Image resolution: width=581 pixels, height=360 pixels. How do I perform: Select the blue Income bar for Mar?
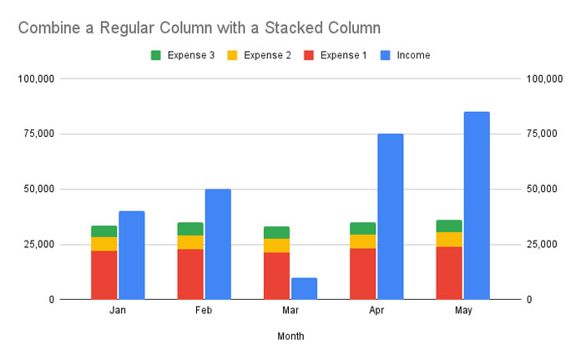pos(304,288)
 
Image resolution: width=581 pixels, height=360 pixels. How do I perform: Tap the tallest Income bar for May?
pos(476,205)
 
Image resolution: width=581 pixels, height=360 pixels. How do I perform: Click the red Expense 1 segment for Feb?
pos(190,273)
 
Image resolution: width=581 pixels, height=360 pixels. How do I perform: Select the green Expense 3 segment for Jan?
pos(104,231)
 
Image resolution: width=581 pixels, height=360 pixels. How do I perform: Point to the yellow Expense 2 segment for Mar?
pos(276,246)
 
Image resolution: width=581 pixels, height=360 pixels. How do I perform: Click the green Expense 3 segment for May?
pos(449,226)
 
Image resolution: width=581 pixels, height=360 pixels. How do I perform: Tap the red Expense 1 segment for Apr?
pos(362,273)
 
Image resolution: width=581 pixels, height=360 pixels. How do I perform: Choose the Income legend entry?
pos(406,55)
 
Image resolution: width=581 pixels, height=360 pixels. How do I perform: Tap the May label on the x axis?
pos(463,310)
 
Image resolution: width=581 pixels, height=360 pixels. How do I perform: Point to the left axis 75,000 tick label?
pos(37,134)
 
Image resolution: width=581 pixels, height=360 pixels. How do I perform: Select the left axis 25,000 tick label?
pos(37,244)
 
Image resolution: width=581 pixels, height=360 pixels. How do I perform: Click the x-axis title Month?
pos(290,337)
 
